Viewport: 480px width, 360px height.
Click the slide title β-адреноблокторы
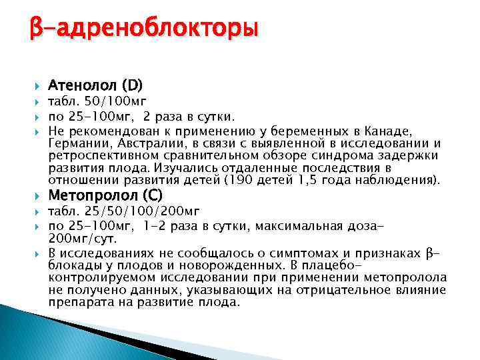click(x=143, y=29)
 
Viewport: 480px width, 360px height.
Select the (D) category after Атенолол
click(x=129, y=86)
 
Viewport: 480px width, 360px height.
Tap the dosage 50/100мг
click(x=107, y=102)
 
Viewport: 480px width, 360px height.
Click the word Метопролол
click(x=91, y=196)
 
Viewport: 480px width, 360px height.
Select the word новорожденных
click(x=211, y=265)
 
